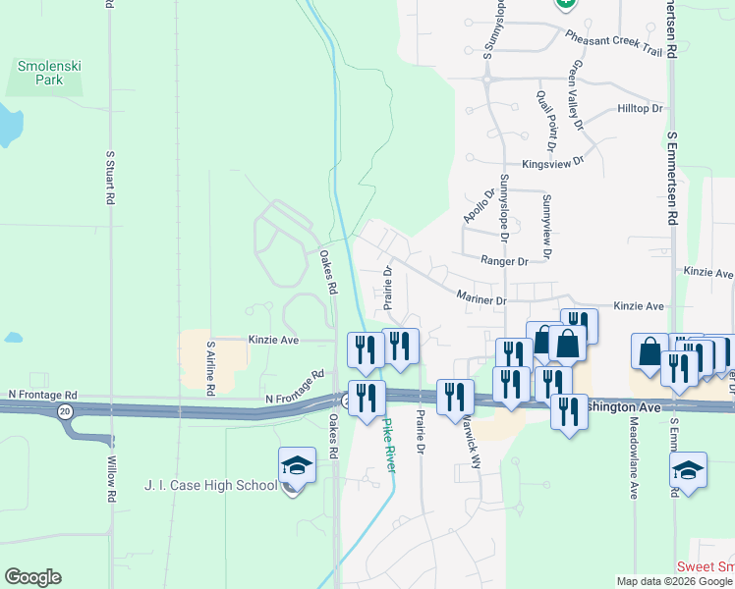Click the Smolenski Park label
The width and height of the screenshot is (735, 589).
[x=40, y=73]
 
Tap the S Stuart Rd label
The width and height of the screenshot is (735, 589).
[x=110, y=178]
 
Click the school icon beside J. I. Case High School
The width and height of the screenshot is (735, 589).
[x=297, y=465]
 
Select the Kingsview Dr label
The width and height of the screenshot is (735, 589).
[x=553, y=162]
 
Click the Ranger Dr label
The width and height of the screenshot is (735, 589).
[x=504, y=261]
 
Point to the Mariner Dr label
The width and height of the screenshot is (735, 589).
[x=481, y=296]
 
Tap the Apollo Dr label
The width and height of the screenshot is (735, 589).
[x=477, y=200]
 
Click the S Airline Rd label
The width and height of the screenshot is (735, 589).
[x=210, y=369]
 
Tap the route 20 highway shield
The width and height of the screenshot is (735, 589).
[x=65, y=410]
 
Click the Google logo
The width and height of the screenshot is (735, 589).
[x=32, y=577]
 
